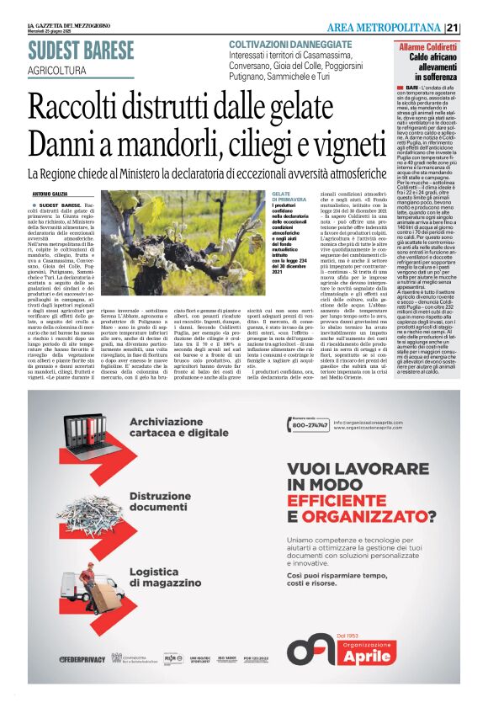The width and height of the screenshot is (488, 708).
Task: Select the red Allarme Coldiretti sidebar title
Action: pos(429,43)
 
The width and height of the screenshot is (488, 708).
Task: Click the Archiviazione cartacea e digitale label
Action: pos(178,427)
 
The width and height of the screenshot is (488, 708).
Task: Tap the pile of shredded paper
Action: pos(83,509)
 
